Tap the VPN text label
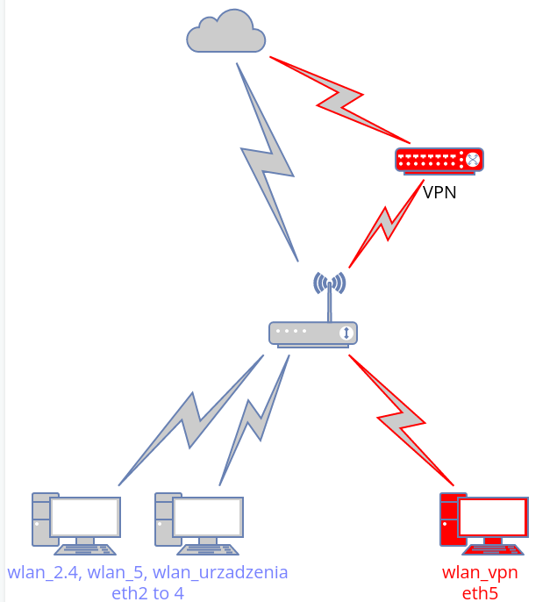pyautogui.click(x=439, y=192)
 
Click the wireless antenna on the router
pyautogui.click(x=329, y=290)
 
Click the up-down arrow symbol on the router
pyautogui.click(x=347, y=333)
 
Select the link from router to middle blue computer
pyautogui.click(x=254, y=422)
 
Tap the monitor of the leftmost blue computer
pyautogui.click(x=84, y=518)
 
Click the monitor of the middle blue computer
pyautogui.click(x=208, y=518)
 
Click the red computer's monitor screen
pyautogui.click(x=492, y=518)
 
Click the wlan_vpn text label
pyautogui.click(x=480, y=573)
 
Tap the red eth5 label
pyautogui.click(x=480, y=593)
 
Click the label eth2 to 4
pyautogui.click(x=147, y=593)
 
